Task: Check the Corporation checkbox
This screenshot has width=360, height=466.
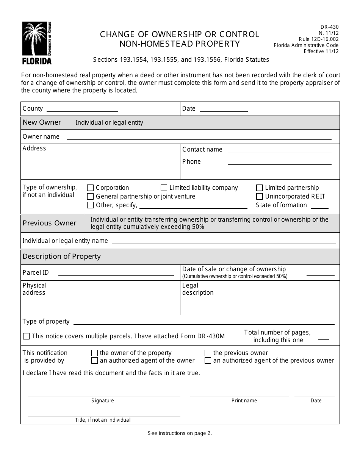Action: click(91, 188)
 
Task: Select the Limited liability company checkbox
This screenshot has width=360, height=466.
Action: click(164, 188)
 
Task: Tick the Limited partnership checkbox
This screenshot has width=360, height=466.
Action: click(260, 188)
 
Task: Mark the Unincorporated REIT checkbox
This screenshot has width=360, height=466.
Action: click(260, 196)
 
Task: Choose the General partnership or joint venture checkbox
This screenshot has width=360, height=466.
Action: click(91, 196)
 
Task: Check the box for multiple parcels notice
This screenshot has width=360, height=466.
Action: click(26, 336)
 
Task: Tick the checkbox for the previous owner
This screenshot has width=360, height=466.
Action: click(208, 353)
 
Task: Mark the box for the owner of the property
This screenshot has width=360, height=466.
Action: click(94, 353)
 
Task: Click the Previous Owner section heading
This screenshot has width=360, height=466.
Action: click(49, 223)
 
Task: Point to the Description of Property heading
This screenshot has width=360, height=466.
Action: click(61, 256)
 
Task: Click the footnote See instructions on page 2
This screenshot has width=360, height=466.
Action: click(180, 433)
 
